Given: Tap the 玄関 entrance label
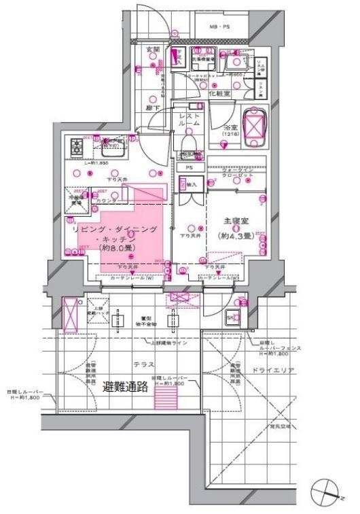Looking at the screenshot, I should coord(152,50).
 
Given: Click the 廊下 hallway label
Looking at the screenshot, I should coord(152,107).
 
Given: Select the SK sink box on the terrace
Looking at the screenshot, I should coord(230,317).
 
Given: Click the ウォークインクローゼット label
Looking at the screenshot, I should coord(234,173).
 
